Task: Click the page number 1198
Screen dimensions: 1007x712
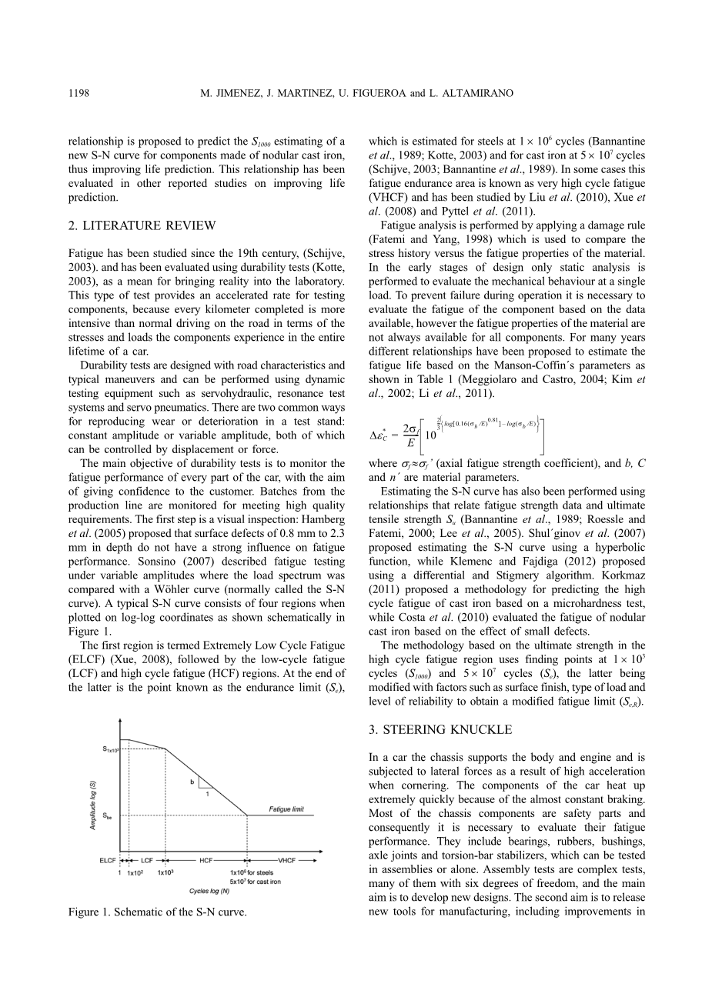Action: tap(79, 93)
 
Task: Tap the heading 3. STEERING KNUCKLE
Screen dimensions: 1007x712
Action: tap(440, 729)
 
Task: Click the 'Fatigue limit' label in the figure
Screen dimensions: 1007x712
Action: tap(286, 809)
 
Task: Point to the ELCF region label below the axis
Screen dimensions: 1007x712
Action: tap(108, 860)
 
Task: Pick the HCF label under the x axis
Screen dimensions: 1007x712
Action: tap(206, 860)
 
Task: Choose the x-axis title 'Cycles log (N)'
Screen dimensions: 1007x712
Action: tap(209, 891)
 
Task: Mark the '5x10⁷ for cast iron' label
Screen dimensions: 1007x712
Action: tap(256, 882)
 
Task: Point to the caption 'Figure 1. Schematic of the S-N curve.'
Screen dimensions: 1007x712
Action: tap(157, 912)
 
